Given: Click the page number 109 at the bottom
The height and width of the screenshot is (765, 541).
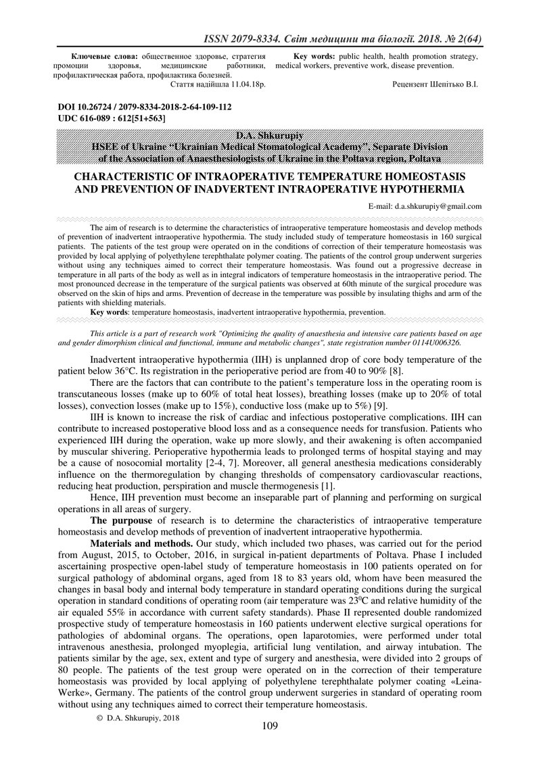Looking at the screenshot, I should pyautogui.click(x=270, y=726).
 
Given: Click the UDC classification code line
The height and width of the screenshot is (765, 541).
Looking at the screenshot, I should pyautogui.click(x=112, y=118).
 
